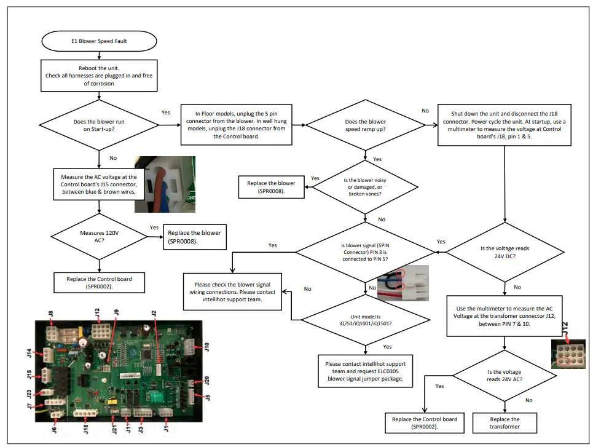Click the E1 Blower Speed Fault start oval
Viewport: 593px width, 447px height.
(x=99, y=41)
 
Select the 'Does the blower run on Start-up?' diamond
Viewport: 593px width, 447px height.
(x=99, y=125)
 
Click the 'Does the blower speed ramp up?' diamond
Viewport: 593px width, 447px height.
(x=365, y=125)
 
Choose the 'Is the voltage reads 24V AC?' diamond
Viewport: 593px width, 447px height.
(x=504, y=376)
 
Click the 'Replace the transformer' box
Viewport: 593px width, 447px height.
(x=504, y=423)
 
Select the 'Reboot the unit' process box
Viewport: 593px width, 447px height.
(x=99, y=76)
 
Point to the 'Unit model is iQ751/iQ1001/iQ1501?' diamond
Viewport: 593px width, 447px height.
(x=365, y=320)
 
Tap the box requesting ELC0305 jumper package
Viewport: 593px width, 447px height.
(x=365, y=372)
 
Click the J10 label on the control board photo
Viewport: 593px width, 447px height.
(x=207, y=349)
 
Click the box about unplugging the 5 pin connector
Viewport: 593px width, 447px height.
(x=235, y=125)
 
